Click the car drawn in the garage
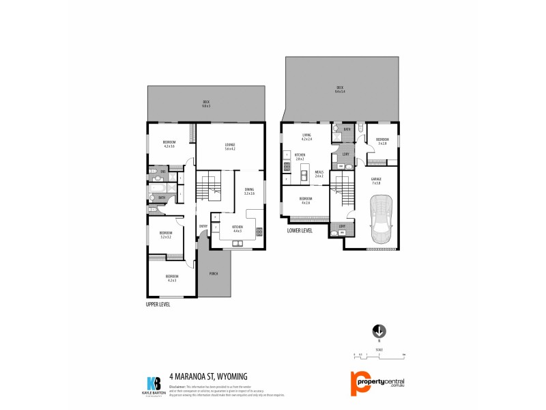pos(381,219)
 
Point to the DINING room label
pos(249,191)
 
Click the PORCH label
pos(214,273)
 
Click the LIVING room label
pos(307,137)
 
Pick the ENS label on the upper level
pos(163,171)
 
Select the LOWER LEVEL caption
pos(300,231)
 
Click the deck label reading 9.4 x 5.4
pos(339,89)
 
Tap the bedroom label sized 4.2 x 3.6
pos(169,144)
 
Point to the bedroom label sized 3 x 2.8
pos(382,141)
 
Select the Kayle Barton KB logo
pos(154,383)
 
